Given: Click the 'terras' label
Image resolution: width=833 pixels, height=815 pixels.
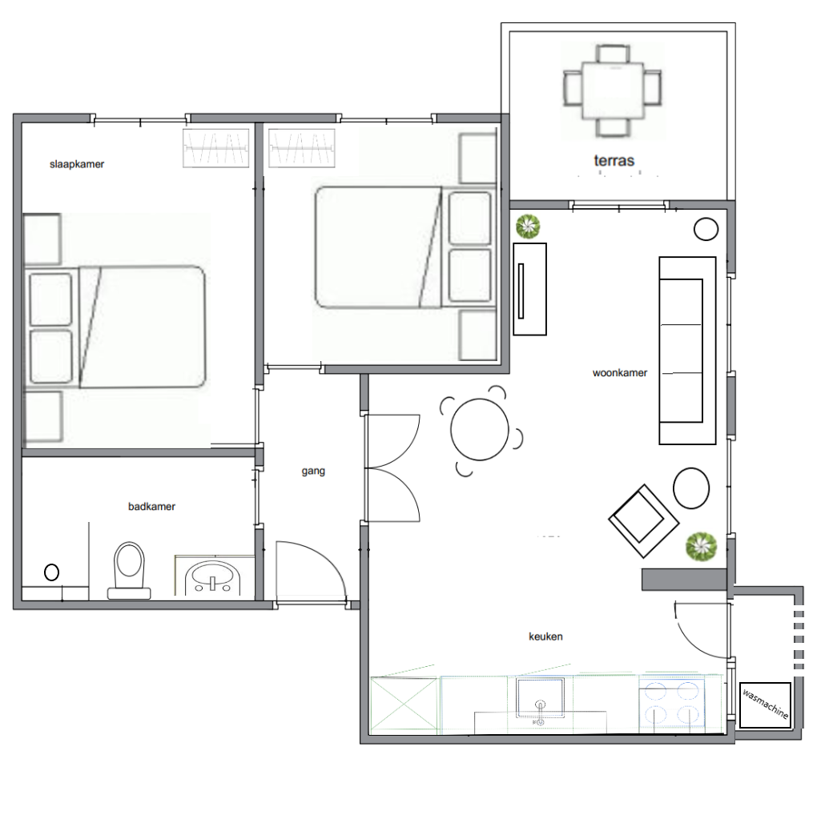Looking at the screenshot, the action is point(614,160).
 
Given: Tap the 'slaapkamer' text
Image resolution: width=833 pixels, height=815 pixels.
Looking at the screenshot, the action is point(77,164).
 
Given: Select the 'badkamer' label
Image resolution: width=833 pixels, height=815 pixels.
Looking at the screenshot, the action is point(151,507).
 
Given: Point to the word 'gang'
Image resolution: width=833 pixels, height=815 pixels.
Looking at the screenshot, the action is point(313,471).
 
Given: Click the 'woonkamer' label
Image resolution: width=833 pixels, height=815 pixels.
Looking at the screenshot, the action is point(619,373).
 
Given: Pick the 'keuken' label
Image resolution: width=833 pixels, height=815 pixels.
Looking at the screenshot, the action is point(545,636).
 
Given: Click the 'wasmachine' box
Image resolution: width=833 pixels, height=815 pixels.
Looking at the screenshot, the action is point(765,705).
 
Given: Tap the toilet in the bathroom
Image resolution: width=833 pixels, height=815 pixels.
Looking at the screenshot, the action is point(129,571).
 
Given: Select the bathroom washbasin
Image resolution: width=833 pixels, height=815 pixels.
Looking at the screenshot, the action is point(212,579).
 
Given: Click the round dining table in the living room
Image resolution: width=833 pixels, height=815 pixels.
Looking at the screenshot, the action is point(480,430).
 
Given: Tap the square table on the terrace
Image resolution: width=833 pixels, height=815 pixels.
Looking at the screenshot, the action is point(613,90).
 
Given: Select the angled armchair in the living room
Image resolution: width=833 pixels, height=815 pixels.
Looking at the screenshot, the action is point(643,521).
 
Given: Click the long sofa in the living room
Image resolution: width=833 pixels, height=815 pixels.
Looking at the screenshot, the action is point(687,351).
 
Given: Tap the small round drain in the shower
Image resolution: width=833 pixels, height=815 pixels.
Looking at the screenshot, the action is point(51,572).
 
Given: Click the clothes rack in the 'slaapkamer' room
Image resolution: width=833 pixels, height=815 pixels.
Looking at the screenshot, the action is point(215,148).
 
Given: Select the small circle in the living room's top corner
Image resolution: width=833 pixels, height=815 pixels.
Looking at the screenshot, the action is point(706,229).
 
